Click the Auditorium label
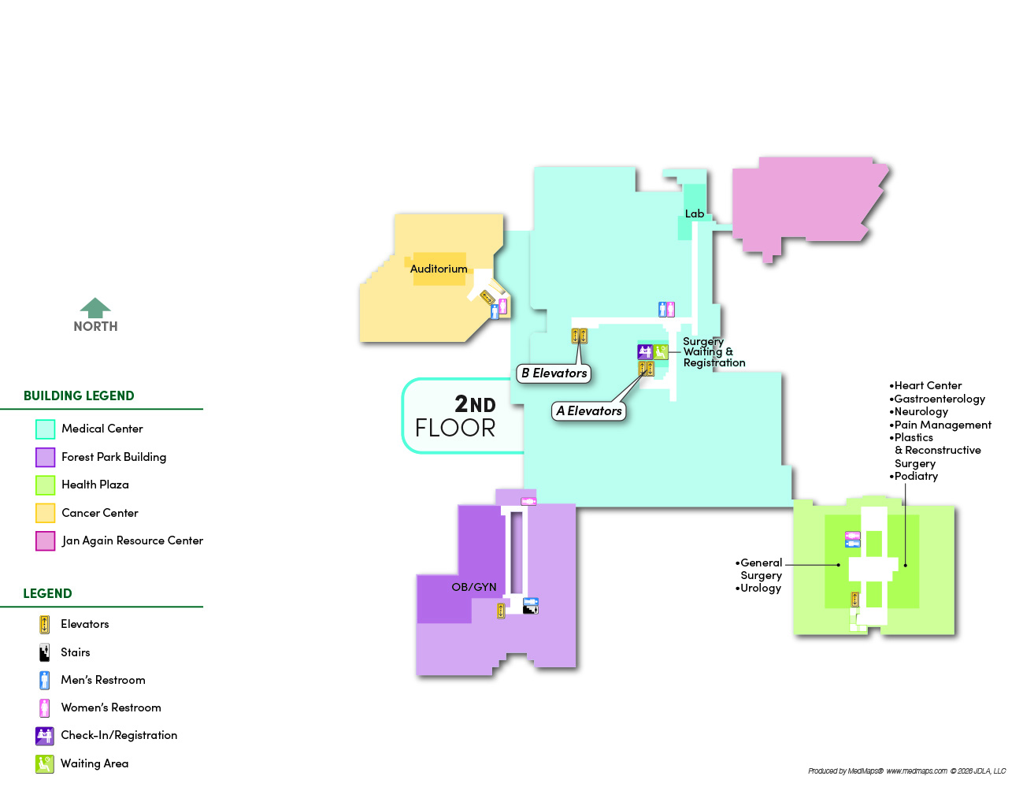(x=439, y=269)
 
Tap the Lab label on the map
(x=694, y=214)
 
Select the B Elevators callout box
(x=554, y=373)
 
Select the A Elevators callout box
(x=589, y=410)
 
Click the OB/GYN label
(x=474, y=587)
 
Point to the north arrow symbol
(x=95, y=308)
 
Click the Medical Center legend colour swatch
(x=45, y=429)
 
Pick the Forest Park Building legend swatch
(x=45, y=457)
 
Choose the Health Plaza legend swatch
(x=45, y=485)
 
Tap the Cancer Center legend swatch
(x=45, y=513)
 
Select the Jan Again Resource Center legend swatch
(x=45, y=540)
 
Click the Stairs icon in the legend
(x=45, y=652)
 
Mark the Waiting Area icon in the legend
(x=45, y=763)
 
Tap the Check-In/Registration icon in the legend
(x=45, y=735)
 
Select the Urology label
(x=761, y=588)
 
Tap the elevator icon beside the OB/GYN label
(x=501, y=611)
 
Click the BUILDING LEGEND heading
(x=79, y=395)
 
